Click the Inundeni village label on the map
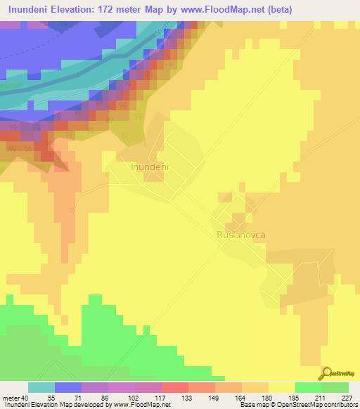tap(151, 167)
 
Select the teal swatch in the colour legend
tap(41, 387)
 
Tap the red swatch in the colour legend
tap(175, 387)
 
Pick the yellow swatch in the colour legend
tap(282, 387)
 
